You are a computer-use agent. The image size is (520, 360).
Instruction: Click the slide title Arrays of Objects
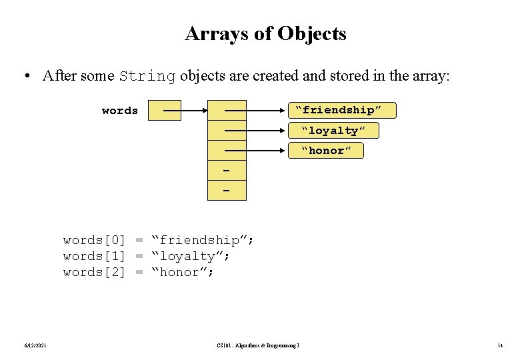pyautogui.click(x=265, y=33)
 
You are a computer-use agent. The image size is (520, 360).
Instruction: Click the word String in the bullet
pyautogui.click(x=147, y=76)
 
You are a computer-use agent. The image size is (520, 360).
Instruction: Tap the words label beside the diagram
pyautogui.click(x=120, y=111)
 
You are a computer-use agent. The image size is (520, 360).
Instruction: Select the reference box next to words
pyautogui.click(x=164, y=111)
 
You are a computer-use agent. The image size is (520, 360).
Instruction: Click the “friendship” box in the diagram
pyautogui.click(x=342, y=110)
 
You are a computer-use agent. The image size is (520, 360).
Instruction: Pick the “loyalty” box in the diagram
pyautogui.click(x=333, y=130)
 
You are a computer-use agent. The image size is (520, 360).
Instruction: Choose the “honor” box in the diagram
pyautogui.click(x=326, y=151)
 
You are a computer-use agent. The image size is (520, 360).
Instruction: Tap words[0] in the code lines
pyautogui.click(x=94, y=240)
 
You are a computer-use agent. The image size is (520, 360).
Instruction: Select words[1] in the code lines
pyautogui.click(x=94, y=256)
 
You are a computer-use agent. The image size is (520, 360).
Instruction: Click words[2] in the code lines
pyautogui.click(x=94, y=272)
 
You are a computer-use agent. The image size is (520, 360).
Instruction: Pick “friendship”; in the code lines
pyautogui.click(x=203, y=240)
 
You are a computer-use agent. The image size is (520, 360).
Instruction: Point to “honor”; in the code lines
pyautogui.click(x=183, y=272)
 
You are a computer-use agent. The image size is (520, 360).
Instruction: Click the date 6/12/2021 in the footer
pyautogui.click(x=32, y=345)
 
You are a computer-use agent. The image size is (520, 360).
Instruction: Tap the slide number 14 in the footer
pyautogui.click(x=499, y=345)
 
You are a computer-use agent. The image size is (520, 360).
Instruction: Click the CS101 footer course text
pyautogui.click(x=258, y=345)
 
